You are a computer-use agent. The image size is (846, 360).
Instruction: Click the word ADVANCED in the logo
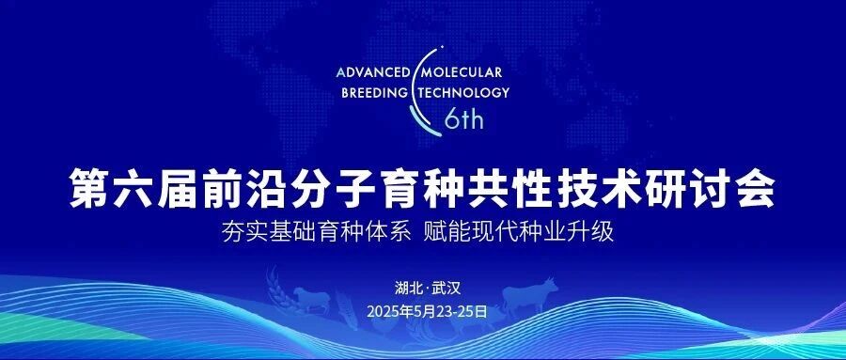click(x=374, y=72)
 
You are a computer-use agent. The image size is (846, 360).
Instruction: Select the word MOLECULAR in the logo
click(x=462, y=72)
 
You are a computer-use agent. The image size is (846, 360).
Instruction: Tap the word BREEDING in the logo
click(x=375, y=92)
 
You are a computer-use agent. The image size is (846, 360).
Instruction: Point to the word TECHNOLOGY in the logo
click(x=462, y=92)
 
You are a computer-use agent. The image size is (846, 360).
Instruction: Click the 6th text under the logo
click(x=463, y=119)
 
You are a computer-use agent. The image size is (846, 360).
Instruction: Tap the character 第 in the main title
click(x=89, y=187)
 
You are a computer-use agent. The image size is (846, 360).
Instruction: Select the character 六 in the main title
click(x=133, y=187)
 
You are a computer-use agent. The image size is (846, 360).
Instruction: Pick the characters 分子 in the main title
click(x=334, y=187)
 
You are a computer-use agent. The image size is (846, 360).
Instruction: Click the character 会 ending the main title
click(x=756, y=187)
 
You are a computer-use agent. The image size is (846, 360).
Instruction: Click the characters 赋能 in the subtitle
click(x=447, y=232)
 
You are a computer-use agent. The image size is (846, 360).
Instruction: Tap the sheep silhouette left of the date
click(x=311, y=299)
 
